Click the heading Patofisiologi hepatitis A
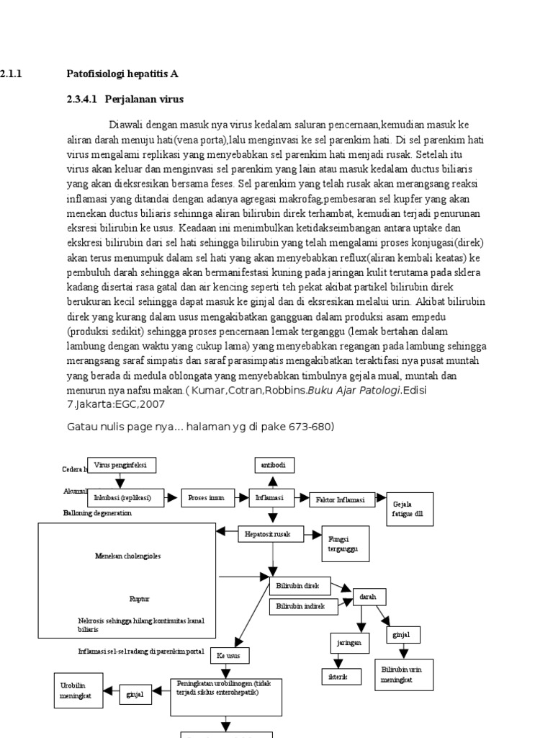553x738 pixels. pos(122,74)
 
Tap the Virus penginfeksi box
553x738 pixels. pos(121,466)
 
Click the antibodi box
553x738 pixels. pos(274,466)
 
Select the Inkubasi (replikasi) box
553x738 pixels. pos(125,497)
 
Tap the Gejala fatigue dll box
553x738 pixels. pos(410,510)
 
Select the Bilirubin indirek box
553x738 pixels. pos(300,606)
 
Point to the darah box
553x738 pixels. pos(369,597)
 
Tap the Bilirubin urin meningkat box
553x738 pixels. pos(402,675)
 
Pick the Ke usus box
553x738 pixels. pos(230,656)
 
